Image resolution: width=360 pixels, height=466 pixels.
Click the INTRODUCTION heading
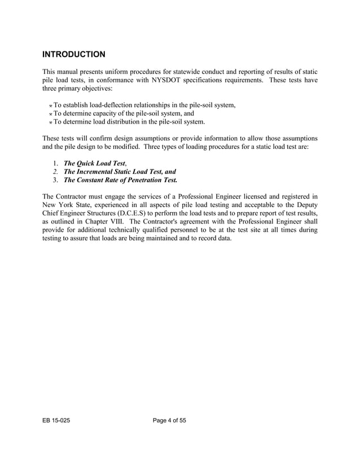tap(73, 55)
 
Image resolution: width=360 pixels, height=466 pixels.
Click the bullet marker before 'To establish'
tap(51, 105)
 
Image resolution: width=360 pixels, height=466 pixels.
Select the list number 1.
tap(55, 164)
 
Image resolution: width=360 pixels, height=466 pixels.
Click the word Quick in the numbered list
tap(89, 164)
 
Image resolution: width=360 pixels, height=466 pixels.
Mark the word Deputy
tap(305, 205)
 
